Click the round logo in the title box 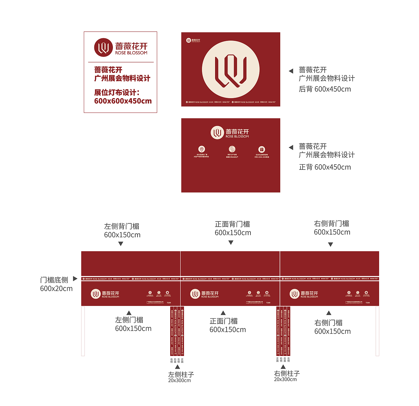point(103,47)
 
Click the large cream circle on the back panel point(231,69)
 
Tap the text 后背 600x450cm point(325,89)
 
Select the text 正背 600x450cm point(325,167)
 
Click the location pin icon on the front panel point(202,149)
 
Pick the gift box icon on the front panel point(262,149)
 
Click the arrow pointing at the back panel point(291,71)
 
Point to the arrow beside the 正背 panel point(291,148)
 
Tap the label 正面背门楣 point(232,224)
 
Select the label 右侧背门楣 point(331,223)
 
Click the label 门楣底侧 point(54,280)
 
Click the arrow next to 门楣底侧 point(75,279)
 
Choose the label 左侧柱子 point(181,374)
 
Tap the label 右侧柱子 point(287,373)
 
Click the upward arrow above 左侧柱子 point(177,367)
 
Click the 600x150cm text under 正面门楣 point(228,330)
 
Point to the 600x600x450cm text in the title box point(123,101)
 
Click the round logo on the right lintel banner point(294,294)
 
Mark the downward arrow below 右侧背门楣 point(331,244)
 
